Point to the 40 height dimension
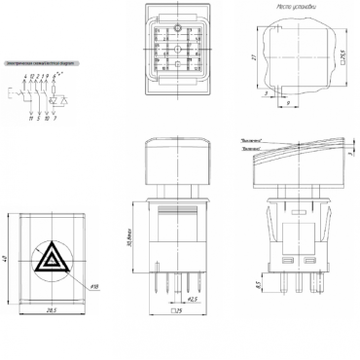pyautogui.click(x=9, y=259)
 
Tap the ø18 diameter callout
pyautogui.click(x=94, y=287)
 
